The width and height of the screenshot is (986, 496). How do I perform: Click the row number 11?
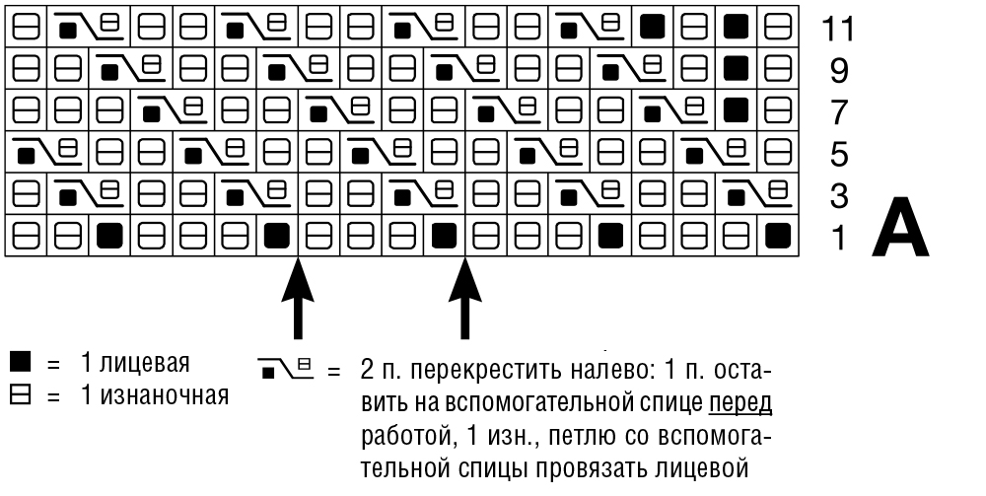click(x=837, y=29)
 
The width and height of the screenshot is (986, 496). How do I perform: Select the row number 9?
click(x=839, y=71)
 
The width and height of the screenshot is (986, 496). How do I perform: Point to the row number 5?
click(x=839, y=155)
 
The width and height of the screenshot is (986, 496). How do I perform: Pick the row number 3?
click(x=839, y=196)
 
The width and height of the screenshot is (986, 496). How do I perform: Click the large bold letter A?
click(x=900, y=228)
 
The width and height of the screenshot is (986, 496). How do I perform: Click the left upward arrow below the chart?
click(x=298, y=298)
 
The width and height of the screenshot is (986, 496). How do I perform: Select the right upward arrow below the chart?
click(x=464, y=298)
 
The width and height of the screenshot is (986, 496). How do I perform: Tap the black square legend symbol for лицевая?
click(x=20, y=362)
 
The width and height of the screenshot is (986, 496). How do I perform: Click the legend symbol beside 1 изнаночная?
click(x=20, y=396)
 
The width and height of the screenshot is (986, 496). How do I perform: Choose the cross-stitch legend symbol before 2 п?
click(x=286, y=369)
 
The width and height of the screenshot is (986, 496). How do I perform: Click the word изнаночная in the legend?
click(x=164, y=396)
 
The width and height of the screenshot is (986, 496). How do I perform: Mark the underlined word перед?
click(x=740, y=403)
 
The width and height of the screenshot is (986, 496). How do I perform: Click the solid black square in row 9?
click(x=736, y=68)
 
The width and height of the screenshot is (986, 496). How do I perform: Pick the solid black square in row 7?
click(x=736, y=110)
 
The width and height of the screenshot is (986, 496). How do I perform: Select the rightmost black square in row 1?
click(x=778, y=236)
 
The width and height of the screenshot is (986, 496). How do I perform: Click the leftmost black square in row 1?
click(x=109, y=236)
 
